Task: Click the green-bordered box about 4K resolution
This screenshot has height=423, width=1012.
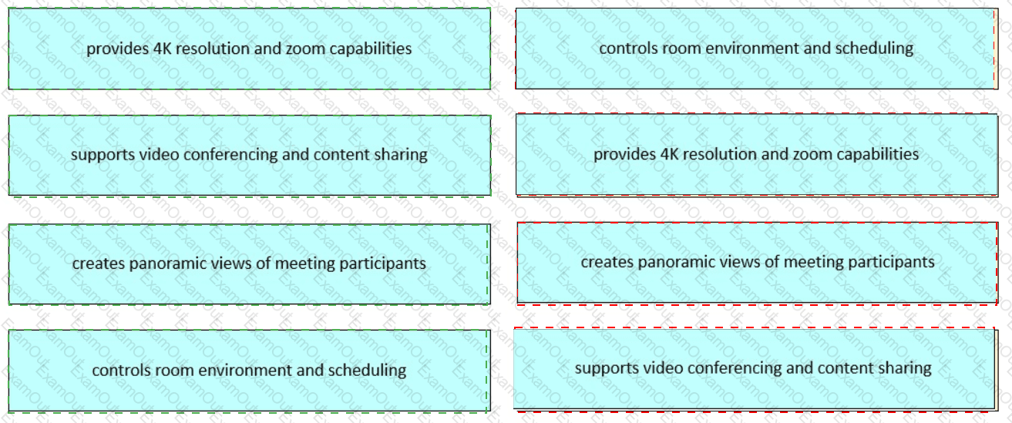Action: [249, 49]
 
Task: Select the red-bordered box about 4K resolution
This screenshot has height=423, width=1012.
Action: [756, 154]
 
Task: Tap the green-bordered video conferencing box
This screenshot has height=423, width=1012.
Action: [249, 155]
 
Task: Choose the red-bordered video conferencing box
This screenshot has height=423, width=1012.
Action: [753, 368]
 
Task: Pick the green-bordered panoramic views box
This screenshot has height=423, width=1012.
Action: [249, 264]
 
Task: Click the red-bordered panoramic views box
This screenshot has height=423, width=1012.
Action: [757, 262]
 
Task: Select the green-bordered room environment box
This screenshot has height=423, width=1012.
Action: [249, 370]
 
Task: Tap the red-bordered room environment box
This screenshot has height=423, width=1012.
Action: [756, 49]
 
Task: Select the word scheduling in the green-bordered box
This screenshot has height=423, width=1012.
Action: [367, 371]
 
